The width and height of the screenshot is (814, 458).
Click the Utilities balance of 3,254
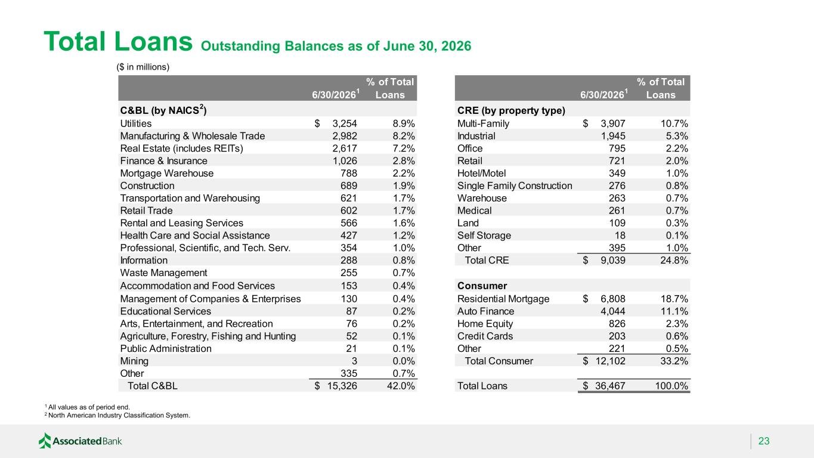[x=345, y=123]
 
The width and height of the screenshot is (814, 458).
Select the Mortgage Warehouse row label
[x=167, y=173]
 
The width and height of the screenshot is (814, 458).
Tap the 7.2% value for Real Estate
[x=403, y=148]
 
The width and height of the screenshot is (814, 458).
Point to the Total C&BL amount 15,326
[x=342, y=386]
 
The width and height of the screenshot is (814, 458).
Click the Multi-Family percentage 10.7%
[x=674, y=123]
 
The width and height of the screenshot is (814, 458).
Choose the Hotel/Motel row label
[x=481, y=173]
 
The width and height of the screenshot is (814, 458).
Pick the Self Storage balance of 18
[x=620, y=235]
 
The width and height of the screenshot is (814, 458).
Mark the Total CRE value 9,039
[x=613, y=260]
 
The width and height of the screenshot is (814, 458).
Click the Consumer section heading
[x=482, y=286]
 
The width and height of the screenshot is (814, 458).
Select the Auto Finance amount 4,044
[x=613, y=311]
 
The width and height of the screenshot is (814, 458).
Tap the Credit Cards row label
[x=485, y=336]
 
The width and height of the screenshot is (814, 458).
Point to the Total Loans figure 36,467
[x=610, y=386]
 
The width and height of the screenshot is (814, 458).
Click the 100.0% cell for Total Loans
[x=671, y=386]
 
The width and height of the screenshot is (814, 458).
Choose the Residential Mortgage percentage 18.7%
[x=674, y=299]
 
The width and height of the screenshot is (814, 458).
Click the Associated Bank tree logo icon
[x=45, y=441]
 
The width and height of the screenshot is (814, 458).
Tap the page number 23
[x=764, y=441]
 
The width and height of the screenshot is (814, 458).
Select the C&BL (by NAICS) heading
[x=163, y=110]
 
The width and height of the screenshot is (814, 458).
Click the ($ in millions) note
[x=143, y=67]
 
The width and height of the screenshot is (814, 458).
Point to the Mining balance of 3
[x=354, y=361]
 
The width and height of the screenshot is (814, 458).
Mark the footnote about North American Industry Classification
[x=117, y=415]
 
